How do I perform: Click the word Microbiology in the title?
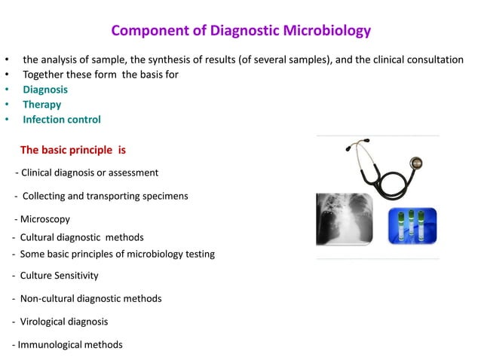pyautogui.click(x=329, y=31)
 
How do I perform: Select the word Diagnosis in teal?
pyautogui.click(x=45, y=90)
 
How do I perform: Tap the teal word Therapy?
pyautogui.click(x=42, y=105)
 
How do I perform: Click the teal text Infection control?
pyautogui.click(x=61, y=120)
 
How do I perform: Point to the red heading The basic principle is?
pyautogui.click(x=73, y=150)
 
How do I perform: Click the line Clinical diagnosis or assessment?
pyautogui.click(x=88, y=172)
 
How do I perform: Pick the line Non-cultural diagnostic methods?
pyautogui.click(x=89, y=298)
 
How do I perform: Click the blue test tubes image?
pyautogui.click(x=412, y=225)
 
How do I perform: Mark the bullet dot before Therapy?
pyautogui.click(x=7, y=105)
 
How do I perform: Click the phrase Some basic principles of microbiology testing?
pyautogui.click(x=116, y=254)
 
